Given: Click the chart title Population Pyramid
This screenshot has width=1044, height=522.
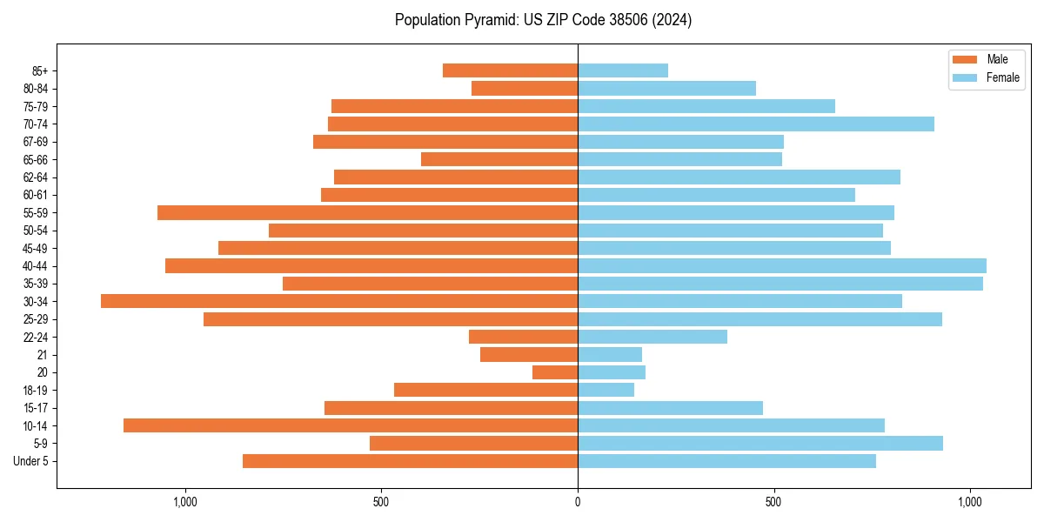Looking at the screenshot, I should point(543,20).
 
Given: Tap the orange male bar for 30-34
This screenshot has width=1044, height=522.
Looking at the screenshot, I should point(339,301).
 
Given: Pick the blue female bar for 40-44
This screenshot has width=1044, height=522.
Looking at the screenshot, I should point(782,265).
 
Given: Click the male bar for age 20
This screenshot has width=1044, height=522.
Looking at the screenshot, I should point(555,372).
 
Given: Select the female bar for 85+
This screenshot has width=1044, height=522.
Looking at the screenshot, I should point(623,70).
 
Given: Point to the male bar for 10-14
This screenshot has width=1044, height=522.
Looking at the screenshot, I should point(351,425).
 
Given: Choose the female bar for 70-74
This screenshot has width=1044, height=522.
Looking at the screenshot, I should point(756,124).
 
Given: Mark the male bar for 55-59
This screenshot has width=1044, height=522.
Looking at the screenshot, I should point(367,212).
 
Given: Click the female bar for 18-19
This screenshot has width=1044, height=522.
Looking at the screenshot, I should point(606,390).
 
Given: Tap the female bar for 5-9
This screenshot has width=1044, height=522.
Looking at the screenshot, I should point(760,443).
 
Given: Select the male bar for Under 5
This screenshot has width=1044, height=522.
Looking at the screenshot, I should point(410,461).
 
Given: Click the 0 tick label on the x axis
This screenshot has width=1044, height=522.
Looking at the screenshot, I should point(578,502).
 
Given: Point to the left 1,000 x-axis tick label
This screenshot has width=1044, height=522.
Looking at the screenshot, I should point(185,502).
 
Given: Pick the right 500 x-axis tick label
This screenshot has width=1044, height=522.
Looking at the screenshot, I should point(773,502).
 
